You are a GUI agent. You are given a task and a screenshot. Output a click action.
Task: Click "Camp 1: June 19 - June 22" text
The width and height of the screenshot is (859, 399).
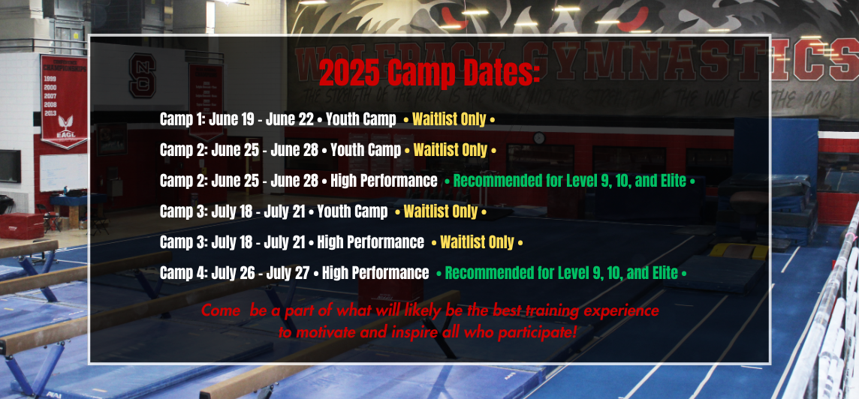coord(237,119)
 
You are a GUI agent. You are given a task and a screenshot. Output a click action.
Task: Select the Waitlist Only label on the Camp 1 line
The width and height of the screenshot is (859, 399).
coord(449,119)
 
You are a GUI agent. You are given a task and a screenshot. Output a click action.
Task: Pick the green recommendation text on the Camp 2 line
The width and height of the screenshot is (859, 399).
coord(570,181)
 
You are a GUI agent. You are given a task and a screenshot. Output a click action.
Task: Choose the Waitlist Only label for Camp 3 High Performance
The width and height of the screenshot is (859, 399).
coord(477,242)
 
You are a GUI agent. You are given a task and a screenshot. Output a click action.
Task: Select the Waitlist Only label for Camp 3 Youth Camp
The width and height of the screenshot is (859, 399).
coord(441,211)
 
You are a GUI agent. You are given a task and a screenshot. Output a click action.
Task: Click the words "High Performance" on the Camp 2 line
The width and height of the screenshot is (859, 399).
coord(384,181)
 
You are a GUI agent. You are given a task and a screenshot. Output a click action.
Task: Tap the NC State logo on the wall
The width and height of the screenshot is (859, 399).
coord(143,76)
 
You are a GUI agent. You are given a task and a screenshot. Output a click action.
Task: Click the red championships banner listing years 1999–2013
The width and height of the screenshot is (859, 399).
coord(64,100)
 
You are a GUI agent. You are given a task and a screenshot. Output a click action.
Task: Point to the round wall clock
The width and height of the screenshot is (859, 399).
coord(539,138)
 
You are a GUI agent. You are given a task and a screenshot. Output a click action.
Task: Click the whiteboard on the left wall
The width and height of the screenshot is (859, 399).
coord(63,172)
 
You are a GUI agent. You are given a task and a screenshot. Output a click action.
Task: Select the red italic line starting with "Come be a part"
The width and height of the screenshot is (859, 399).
coord(430,310)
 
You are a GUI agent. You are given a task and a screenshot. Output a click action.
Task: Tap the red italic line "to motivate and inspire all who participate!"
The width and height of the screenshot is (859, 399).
coord(428,331)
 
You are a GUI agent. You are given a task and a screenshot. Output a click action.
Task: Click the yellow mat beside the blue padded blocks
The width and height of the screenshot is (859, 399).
coord(739,251)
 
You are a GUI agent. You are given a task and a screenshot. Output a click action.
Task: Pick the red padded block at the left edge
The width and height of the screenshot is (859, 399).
coord(21,226)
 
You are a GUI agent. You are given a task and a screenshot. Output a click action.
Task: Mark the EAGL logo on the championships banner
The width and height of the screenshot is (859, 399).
coord(65,127)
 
